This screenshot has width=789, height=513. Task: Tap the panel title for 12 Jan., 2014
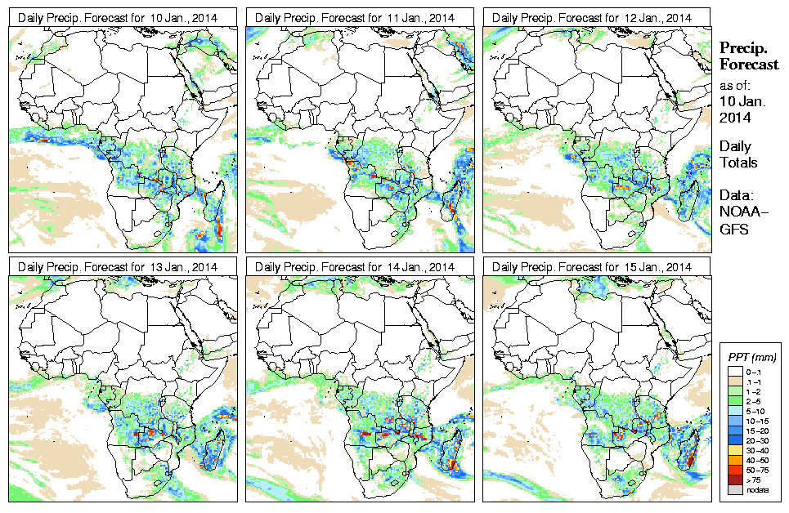[593, 17]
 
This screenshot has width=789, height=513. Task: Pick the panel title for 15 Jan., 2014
[593, 267]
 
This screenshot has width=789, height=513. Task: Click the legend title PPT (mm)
[752, 358]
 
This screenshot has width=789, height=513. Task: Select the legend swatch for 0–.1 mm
[735, 371]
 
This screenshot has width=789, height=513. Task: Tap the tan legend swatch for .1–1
[735, 381]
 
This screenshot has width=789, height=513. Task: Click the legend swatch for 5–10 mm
[735, 410]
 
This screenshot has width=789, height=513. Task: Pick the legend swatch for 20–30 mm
[735, 439]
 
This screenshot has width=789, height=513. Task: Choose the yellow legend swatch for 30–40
[735, 449]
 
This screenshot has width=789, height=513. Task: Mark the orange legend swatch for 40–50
[735, 459]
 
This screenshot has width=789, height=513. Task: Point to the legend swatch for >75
[735, 479]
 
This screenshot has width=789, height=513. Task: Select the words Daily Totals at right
[737, 154]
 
